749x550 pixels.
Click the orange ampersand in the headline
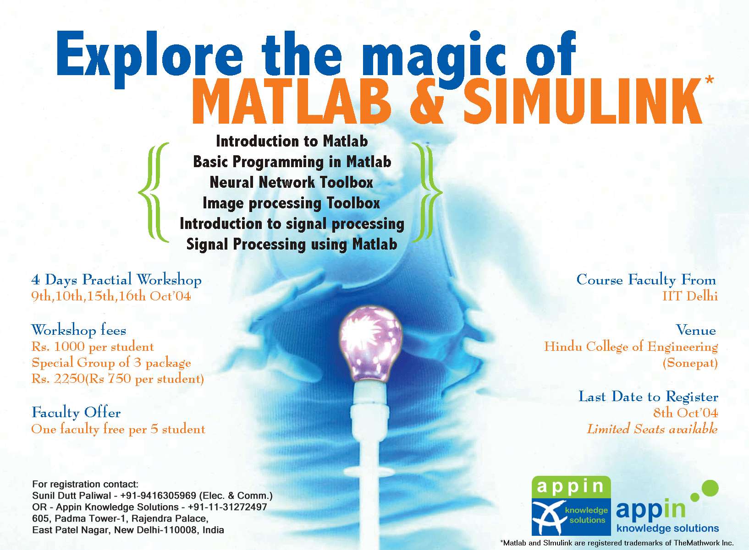(x=427, y=101)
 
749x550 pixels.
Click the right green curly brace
(x=427, y=192)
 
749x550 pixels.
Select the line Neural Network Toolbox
(x=291, y=182)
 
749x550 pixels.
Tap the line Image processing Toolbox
(x=291, y=203)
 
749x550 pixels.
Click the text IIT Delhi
(x=690, y=296)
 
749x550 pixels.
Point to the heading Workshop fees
(x=78, y=330)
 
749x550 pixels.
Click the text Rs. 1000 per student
(x=93, y=347)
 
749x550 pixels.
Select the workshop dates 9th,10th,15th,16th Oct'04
(x=111, y=296)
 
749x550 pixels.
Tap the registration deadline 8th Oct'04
(x=685, y=413)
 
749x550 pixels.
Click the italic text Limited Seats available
(x=652, y=429)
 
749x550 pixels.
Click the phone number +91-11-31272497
(x=227, y=507)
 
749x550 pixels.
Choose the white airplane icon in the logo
(x=546, y=517)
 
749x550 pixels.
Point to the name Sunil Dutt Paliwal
(x=72, y=496)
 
